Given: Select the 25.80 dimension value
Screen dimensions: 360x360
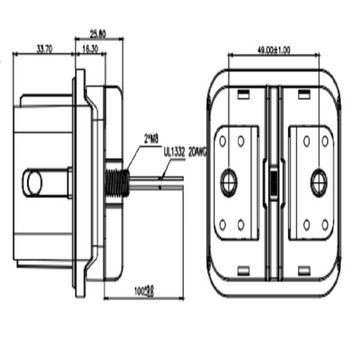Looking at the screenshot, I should coord(98,34).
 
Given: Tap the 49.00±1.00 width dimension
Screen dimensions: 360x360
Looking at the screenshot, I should coord(274,50).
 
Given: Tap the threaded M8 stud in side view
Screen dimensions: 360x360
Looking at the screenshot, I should coord(115,181).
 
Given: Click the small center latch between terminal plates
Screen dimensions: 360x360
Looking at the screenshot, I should coord(273,182).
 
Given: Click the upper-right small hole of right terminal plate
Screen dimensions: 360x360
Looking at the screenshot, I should coord(325,141).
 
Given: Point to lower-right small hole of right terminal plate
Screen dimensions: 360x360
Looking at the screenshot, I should coord(325,224).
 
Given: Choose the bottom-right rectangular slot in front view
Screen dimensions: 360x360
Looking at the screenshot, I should coord(304,271).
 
